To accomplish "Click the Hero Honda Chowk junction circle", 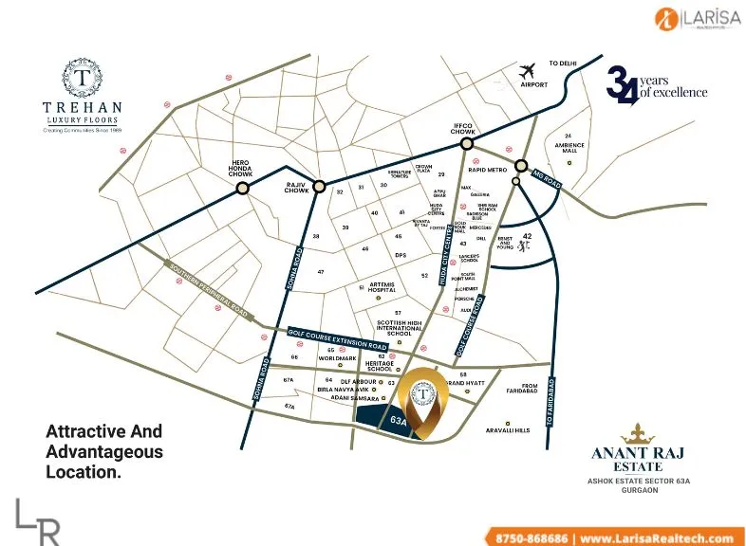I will (x=243, y=189).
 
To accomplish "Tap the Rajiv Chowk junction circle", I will (x=320, y=186).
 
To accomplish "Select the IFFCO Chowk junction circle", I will (x=467, y=143).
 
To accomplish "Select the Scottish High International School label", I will (x=406, y=327).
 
